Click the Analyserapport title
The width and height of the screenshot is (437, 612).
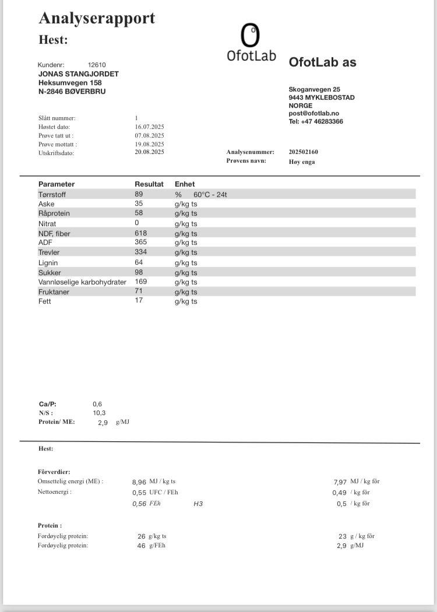click(97, 18)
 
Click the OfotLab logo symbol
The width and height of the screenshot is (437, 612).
click(250, 36)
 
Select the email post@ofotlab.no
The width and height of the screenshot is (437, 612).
click(314, 114)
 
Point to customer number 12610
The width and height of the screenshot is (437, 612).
click(97, 65)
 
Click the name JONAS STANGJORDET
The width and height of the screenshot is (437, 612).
click(79, 74)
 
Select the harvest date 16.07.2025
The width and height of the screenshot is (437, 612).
click(149, 126)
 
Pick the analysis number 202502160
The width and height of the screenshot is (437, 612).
click(304, 152)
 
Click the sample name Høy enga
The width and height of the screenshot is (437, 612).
click(302, 161)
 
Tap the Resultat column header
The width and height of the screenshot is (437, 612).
click(149, 184)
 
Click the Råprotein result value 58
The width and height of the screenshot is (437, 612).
click(139, 213)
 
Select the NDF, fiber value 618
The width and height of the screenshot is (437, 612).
click(140, 233)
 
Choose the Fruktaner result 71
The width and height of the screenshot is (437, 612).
click(139, 291)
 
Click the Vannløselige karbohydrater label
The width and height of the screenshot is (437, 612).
click(82, 282)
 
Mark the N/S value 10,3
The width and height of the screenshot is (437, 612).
click(99, 413)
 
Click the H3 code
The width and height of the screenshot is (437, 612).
click(198, 504)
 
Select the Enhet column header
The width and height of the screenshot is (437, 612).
click(185, 184)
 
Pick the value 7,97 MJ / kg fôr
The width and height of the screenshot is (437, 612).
click(340, 482)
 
